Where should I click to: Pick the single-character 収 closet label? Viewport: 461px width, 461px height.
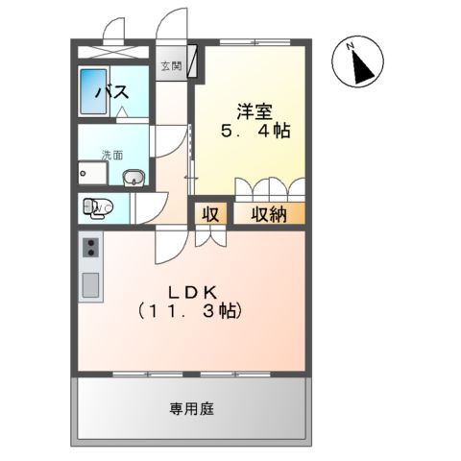pos(210,214)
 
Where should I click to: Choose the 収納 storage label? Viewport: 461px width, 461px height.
pos(268,214)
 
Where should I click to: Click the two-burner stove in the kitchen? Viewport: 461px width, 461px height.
pos(91,249)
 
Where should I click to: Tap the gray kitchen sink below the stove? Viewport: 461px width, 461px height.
pos(91,285)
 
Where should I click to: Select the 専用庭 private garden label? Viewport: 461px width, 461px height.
pos(192,408)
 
